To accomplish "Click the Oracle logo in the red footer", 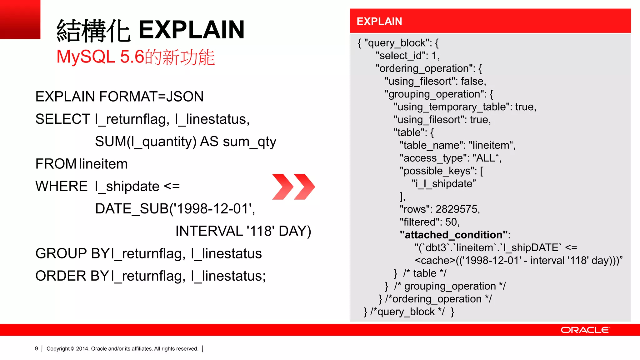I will (x=585, y=330).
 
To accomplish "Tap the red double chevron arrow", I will (x=293, y=187).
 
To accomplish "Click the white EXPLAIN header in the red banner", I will (x=379, y=21).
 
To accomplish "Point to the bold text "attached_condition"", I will (x=453, y=235).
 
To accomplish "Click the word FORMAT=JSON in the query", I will (x=151, y=97).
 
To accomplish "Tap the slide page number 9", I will (x=37, y=348).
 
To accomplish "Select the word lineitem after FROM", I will (x=103, y=164).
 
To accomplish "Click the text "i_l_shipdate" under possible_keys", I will (x=444, y=184).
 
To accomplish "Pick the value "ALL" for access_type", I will (x=486, y=158).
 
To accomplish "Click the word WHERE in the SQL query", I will (x=62, y=186).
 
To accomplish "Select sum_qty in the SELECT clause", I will (x=249, y=142).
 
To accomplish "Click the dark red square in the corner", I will (x=20, y=19).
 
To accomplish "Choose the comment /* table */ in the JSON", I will (x=425, y=273).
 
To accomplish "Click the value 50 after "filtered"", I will (x=451, y=222).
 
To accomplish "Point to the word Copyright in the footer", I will (x=58, y=348).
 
